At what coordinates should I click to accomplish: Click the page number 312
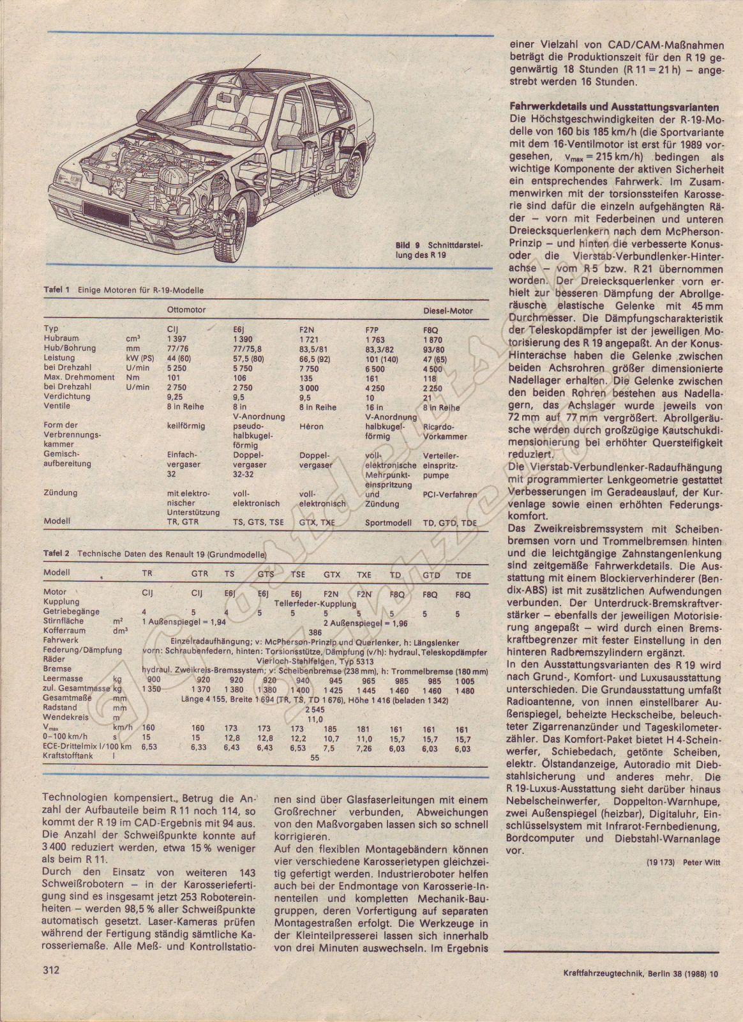point(51,988)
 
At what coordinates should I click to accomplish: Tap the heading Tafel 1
point(56,289)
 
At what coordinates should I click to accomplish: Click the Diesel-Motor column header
point(448,311)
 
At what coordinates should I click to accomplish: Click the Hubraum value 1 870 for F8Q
point(433,339)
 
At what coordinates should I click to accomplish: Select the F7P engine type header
point(372,329)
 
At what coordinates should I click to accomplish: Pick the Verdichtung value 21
point(427,397)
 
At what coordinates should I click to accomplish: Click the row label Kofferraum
point(64,630)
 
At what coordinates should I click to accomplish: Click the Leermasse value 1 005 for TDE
point(465,680)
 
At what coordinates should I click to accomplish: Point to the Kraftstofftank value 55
point(314,758)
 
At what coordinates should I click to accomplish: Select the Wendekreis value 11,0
point(315,719)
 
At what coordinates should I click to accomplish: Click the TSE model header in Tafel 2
point(297,575)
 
